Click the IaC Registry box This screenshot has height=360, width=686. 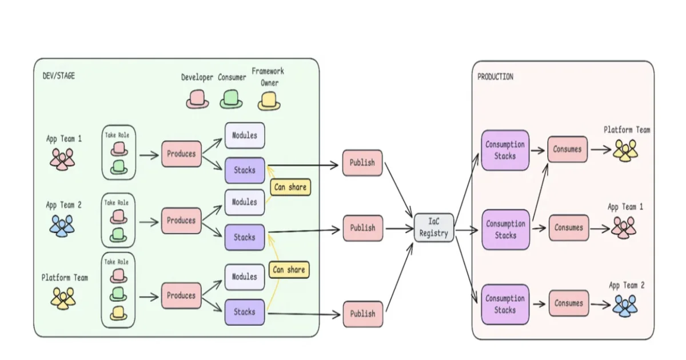pyautogui.click(x=434, y=228)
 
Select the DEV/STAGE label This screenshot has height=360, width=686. pyautogui.click(x=58, y=75)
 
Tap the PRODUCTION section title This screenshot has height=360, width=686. pyautogui.click(x=495, y=77)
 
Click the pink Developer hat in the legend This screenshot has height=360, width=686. pyautogui.click(x=197, y=100)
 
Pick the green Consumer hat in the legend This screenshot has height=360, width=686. pyautogui.click(x=231, y=100)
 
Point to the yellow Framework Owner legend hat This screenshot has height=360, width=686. pyautogui.click(x=269, y=101)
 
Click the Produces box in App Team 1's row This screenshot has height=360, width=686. pyautogui.click(x=181, y=154)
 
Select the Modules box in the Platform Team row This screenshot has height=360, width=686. pyautogui.click(x=244, y=277)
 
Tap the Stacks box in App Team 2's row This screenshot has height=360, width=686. pyautogui.click(x=244, y=237)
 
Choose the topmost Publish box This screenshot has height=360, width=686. pyautogui.click(x=362, y=163)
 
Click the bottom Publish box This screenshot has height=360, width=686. pyautogui.click(x=362, y=314)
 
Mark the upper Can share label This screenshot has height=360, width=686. pyautogui.click(x=290, y=187)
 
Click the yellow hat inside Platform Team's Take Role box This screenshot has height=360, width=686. pyautogui.click(x=118, y=313)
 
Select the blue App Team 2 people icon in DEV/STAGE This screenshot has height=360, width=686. pyautogui.click(x=61, y=226)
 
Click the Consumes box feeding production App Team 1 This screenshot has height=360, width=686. pyautogui.click(x=568, y=227)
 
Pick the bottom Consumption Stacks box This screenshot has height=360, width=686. pyautogui.click(x=505, y=304)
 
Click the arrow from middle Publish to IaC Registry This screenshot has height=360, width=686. pyautogui.click(x=398, y=229)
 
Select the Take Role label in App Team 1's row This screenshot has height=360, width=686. pyautogui.click(x=117, y=135)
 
